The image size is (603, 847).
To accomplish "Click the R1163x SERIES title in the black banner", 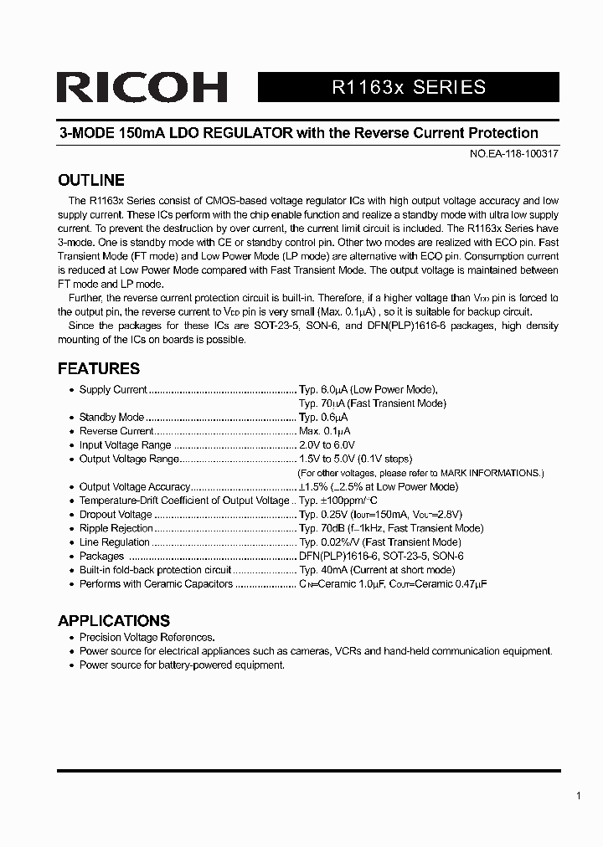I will tap(409, 87).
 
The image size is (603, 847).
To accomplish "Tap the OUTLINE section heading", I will tap(90, 180).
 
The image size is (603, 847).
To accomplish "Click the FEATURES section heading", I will tap(98, 368).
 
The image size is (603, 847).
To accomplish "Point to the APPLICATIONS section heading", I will tap(113, 621).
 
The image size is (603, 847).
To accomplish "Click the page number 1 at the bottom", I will tap(579, 796).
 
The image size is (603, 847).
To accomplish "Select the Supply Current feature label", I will tap(113, 389).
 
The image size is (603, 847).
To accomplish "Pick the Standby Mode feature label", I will tap(111, 417).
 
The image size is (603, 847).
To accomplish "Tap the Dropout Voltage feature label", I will tap(116, 515).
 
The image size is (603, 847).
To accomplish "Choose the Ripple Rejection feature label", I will tap(116, 528).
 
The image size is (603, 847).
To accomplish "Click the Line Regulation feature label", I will tap(115, 542).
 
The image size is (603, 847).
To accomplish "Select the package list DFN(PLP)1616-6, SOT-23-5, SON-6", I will tap(381, 556).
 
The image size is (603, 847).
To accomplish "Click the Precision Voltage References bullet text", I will tap(147, 637).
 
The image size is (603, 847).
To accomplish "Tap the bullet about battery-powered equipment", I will tap(182, 665).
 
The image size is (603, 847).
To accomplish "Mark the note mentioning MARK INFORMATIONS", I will tap(421, 473).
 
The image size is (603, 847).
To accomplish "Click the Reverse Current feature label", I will tap(116, 431).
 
